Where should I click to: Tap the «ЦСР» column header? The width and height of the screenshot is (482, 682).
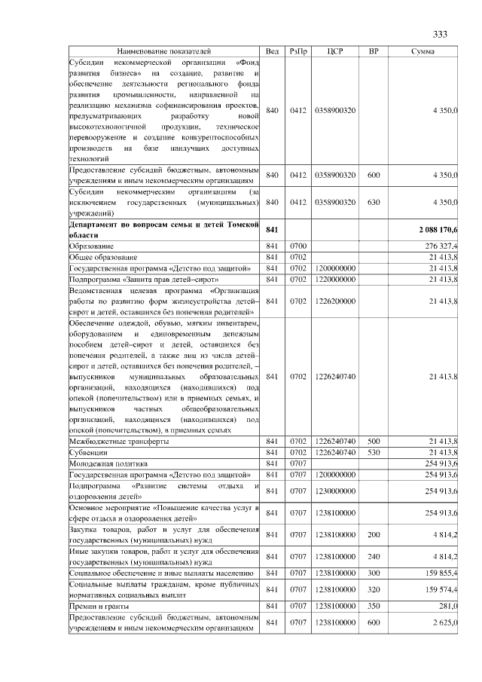pyautogui.click(x=336, y=51)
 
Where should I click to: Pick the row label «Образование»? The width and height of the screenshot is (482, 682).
pyautogui.click(x=92, y=246)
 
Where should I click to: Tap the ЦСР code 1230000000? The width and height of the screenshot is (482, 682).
pyautogui.click(x=336, y=491)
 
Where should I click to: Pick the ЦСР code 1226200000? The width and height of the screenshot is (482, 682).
pyautogui.click(x=336, y=301)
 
